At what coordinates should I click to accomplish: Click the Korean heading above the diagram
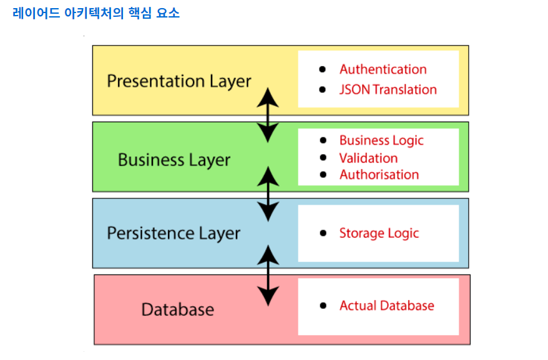click(96, 13)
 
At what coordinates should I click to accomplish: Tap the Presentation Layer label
click(179, 81)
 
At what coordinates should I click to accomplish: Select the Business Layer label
click(174, 160)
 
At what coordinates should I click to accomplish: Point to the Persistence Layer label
click(174, 233)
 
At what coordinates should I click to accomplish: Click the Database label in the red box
click(178, 309)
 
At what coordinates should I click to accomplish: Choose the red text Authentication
click(383, 69)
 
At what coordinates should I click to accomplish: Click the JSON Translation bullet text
click(388, 89)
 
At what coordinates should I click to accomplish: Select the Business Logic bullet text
click(381, 140)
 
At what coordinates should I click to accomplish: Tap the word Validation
click(368, 158)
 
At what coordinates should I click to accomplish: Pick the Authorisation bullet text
click(379, 175)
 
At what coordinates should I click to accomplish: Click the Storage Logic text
click(379, 233)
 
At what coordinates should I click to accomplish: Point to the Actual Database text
click(386, 306)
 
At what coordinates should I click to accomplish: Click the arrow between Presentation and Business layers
click(268, 115)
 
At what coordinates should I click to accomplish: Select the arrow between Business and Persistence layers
click(268, 193)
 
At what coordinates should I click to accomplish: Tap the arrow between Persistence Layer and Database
click(268, 275)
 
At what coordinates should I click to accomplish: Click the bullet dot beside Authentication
click(323, 69)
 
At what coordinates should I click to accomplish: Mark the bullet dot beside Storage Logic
click(323, 233)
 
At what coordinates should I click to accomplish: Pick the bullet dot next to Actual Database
click(323, 306)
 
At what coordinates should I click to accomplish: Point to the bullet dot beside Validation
click(323, 158)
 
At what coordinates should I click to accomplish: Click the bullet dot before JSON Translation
click(323, 89)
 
